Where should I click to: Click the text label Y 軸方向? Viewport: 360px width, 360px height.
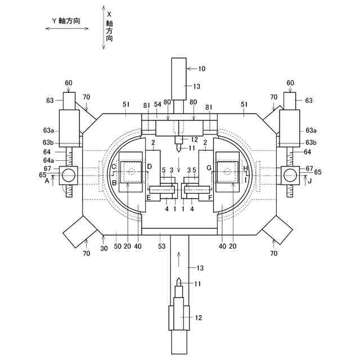click(66, 21)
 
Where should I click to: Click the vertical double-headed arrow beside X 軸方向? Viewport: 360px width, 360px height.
click(103, 28)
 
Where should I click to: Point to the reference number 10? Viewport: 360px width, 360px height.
click(201, 69)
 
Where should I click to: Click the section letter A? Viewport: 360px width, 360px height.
click(47, 181)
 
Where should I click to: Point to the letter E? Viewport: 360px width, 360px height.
click(148, 198)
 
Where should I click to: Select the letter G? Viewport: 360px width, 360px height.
click(209, 167)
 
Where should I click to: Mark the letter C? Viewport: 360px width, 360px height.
click(114, 167)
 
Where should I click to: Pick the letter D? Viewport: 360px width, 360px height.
click(148, 167)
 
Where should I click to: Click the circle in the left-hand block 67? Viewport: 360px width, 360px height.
click(68, 175)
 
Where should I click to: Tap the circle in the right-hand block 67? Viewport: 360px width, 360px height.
click(290, 175)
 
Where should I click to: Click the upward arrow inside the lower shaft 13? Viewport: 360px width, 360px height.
click(179, 259)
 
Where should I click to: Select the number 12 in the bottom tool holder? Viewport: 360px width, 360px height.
click(198, 318)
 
